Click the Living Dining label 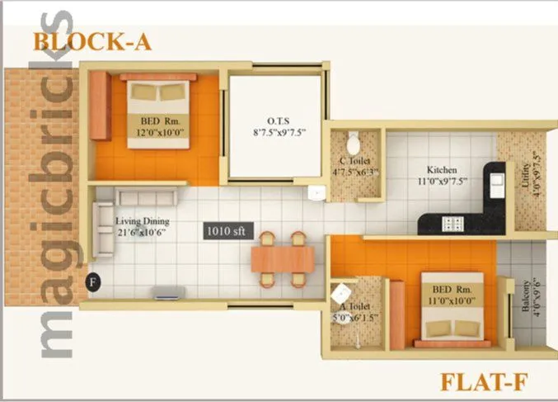(143, 226)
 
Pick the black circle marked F (92, 281)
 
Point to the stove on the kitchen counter (453, 222)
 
